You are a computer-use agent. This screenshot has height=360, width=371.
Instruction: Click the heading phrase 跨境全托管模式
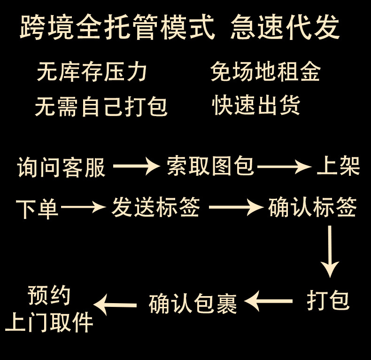click(117, 28)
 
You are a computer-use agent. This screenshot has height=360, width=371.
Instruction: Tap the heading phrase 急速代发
click(285, 28)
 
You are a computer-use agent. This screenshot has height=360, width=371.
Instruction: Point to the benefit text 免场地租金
click(266, 72)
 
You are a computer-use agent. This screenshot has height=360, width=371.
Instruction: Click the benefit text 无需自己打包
click(101, 106)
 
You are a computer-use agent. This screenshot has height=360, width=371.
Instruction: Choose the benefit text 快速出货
click(256, 105)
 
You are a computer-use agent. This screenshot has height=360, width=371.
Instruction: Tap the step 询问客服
click(62, 167)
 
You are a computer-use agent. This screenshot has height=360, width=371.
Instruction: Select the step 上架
click(338, 166)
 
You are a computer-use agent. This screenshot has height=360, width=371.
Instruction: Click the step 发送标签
click(155, 207)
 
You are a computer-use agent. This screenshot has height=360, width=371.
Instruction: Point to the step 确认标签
click(312, 207)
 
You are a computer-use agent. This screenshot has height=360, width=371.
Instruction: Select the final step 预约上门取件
click(49, 310)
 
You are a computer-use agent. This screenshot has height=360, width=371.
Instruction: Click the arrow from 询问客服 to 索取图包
click(137, 166)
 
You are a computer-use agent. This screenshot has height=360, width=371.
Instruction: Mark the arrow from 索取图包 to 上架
click(285, 166)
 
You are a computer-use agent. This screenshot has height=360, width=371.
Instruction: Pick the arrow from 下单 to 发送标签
click(83, 207)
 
